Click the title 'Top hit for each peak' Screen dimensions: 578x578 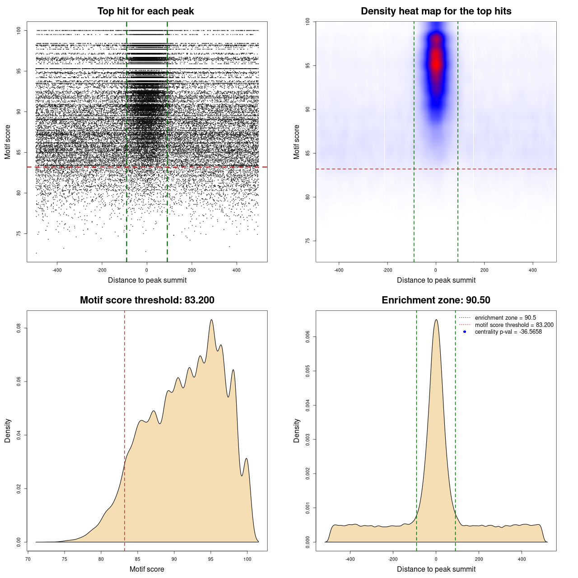[146, 11]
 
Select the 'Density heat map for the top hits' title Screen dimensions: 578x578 [436, 11]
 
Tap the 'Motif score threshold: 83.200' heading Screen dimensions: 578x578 [147, 300]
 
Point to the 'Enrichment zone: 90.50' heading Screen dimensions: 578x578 [436, 300]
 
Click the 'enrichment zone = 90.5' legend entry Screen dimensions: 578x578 [505, 318]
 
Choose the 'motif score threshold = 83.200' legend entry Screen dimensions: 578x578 [514, 325]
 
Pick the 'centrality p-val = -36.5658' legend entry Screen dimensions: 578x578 [508, 332]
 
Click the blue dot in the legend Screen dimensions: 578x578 [465, 332]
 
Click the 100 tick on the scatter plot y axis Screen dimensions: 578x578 [19, 30]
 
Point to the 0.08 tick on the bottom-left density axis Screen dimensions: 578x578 [19, 328]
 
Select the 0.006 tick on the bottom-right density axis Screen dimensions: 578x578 [308, 337]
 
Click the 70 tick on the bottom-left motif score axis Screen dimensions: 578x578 [28, 559]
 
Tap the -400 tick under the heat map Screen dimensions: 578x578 [339, 270]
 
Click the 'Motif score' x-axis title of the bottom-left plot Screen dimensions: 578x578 [147, 569]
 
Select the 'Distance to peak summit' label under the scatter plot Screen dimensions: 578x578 [147, 280]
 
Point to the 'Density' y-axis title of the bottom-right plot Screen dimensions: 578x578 [297, 430]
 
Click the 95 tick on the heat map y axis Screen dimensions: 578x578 [308, 65]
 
